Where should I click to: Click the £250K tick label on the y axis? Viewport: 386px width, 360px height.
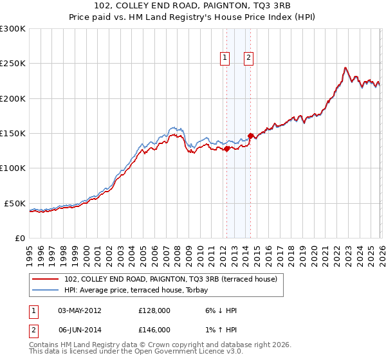point(12,64)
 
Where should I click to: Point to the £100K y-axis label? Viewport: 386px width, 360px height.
point(12,168)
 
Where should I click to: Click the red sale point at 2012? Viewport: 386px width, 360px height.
point(226,148)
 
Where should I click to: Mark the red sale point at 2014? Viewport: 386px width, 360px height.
point(250,136)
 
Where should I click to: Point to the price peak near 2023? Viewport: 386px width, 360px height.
point(345,67)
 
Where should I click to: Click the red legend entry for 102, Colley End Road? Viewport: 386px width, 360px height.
point(170,279)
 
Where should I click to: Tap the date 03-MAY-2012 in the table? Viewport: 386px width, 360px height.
point(80,310)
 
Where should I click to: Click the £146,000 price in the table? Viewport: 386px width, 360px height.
point(154,329)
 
